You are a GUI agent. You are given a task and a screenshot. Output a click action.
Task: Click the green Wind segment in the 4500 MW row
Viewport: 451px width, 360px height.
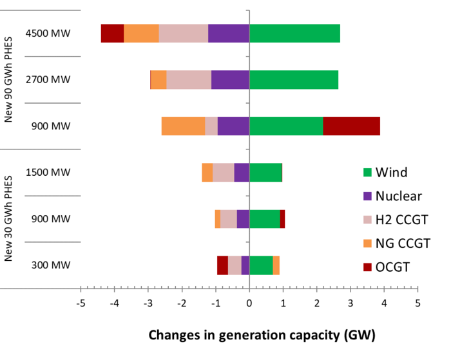click(x=294, y=33)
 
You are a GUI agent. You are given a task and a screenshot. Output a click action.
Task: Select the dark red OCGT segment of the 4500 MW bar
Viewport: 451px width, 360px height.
click(x=112, y=33)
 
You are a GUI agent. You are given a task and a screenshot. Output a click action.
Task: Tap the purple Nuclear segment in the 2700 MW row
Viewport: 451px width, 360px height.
click(x=230, y=80)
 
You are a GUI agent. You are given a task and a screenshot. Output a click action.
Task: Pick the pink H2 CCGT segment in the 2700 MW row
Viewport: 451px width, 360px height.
click(x=189, y=80)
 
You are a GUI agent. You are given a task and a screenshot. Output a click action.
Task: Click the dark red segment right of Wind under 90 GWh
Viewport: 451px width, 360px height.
click(x=351, y=126)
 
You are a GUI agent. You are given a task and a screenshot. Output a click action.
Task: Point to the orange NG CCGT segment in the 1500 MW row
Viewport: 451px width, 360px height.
click(x=207, y=173)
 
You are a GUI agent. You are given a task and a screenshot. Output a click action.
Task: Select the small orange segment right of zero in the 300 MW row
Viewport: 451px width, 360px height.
click(x=276, y=265)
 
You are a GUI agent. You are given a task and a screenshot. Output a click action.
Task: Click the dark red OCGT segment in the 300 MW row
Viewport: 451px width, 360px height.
click(x=222, y=265)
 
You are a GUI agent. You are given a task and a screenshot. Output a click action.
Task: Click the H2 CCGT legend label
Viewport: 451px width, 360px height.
click(x=402, y=220)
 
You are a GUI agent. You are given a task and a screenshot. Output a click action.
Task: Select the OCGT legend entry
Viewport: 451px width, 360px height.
click(x=393, y=267)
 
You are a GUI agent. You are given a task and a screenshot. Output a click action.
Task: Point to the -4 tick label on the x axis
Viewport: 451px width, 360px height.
click(x=115, y=302)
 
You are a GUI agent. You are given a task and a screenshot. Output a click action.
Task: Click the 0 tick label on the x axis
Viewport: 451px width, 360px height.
click(x=249, y=302)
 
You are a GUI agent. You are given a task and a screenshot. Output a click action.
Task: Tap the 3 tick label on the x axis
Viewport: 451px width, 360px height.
click(x=350, y=302)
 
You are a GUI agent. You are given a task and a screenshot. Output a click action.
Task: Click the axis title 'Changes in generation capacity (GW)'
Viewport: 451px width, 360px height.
click(x=262, y=336)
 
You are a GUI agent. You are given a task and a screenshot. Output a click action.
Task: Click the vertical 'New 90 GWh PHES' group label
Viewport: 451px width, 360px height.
click(x=9, y=79)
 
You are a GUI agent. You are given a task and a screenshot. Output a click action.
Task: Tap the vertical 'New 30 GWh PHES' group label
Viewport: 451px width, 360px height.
click(x=9, y=218)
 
